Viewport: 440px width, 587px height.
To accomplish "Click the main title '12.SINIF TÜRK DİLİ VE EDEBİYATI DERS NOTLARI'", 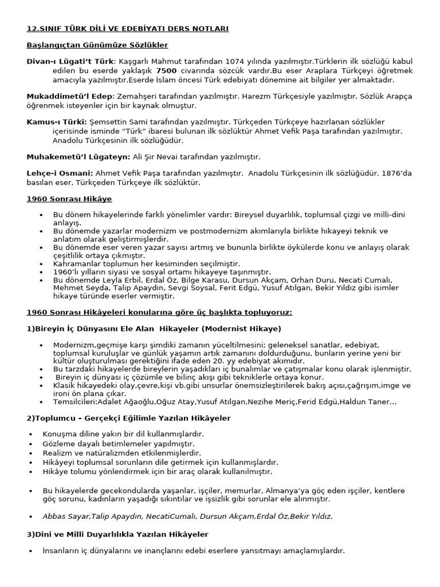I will [x=127, y=28].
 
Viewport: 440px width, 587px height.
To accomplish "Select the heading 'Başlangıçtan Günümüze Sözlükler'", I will [x=97, y=45].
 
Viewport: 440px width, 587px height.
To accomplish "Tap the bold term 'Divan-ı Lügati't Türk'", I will [x=70, y=61].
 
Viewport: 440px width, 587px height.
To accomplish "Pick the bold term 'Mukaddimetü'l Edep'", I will [x=70, y=96].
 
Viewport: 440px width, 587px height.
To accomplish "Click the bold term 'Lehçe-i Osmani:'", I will [x=60, y=173].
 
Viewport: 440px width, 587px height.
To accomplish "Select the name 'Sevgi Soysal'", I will [x=187, y=288].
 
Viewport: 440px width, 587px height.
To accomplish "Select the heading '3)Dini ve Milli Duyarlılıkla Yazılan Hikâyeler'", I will [x=117, y=534].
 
